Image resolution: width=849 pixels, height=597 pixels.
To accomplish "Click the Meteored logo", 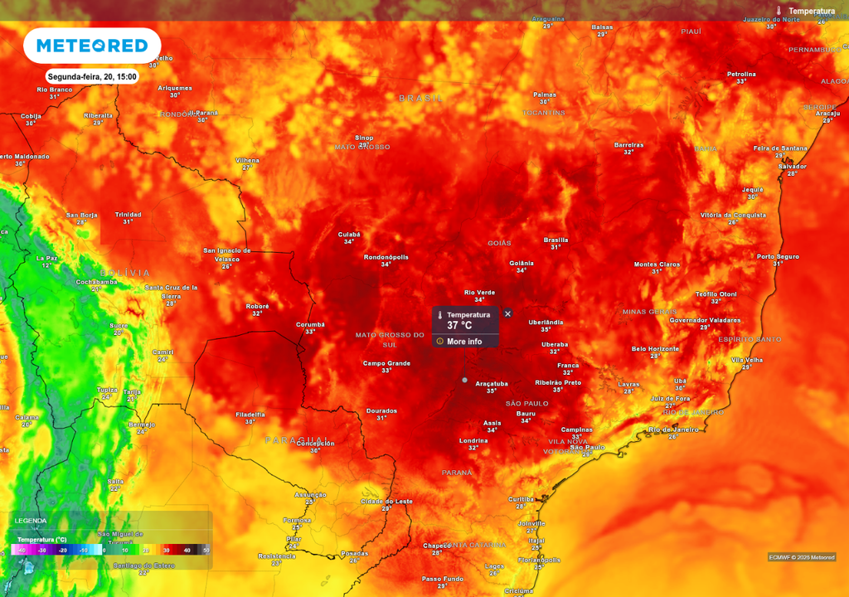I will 91,46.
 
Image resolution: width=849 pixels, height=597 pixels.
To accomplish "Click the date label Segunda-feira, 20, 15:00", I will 91,76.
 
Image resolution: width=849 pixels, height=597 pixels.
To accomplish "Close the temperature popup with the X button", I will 507,313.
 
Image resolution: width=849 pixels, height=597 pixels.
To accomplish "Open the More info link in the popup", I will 464,341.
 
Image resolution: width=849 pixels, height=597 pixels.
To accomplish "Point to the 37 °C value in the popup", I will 459,326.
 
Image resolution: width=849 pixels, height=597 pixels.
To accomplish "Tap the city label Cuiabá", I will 349,235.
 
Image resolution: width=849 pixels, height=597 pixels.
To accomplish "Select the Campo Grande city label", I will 386,363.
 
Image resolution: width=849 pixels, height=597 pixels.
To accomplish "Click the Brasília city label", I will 555,240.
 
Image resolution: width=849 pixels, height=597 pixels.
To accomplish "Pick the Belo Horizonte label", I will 655,349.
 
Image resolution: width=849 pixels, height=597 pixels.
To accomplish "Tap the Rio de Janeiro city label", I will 673,430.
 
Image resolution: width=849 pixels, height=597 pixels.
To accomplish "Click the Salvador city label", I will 792,167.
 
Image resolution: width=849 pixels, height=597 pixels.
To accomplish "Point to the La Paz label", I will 46,258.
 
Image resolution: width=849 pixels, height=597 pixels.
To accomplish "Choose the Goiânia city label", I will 522,263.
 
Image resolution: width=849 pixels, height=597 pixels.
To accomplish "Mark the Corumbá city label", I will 310,324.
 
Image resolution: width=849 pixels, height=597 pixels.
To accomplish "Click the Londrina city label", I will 473,440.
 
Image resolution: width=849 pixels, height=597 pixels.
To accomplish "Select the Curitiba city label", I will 521,498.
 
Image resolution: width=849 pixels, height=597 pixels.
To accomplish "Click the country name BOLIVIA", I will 125,273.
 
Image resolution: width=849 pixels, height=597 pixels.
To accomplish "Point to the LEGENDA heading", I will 31,521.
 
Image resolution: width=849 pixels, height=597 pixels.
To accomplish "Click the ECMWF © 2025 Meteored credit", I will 802,557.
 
